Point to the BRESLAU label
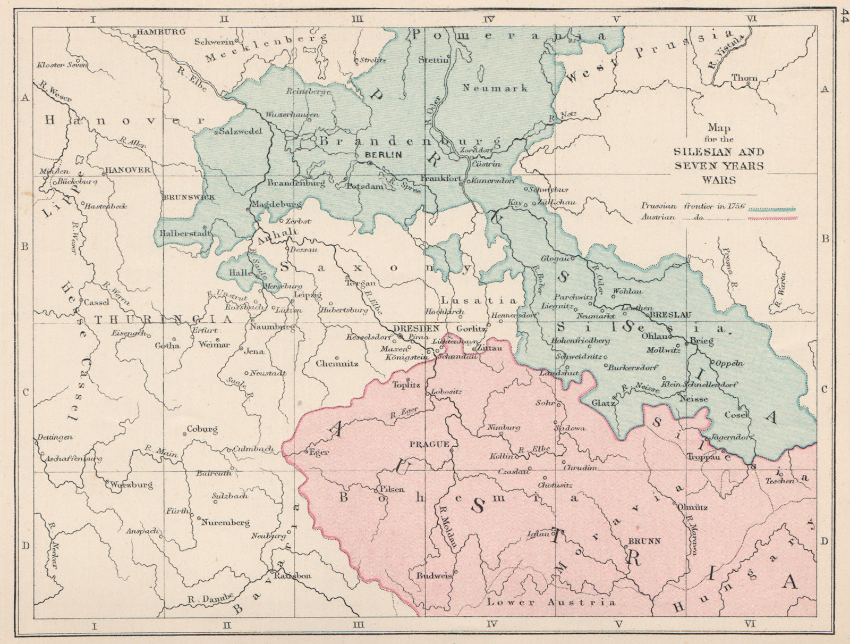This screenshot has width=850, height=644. (670, 314)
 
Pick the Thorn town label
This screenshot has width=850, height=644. (744, 78)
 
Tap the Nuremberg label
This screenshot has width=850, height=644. (225, 523)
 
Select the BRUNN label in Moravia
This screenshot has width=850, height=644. (644, 541)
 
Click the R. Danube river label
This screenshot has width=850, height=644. (210, 599)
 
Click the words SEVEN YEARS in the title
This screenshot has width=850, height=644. (719, 166)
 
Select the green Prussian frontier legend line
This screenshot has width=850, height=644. (771, 210)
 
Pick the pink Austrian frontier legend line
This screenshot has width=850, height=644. (771, 219)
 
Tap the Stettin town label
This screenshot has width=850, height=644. (433, 60)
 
